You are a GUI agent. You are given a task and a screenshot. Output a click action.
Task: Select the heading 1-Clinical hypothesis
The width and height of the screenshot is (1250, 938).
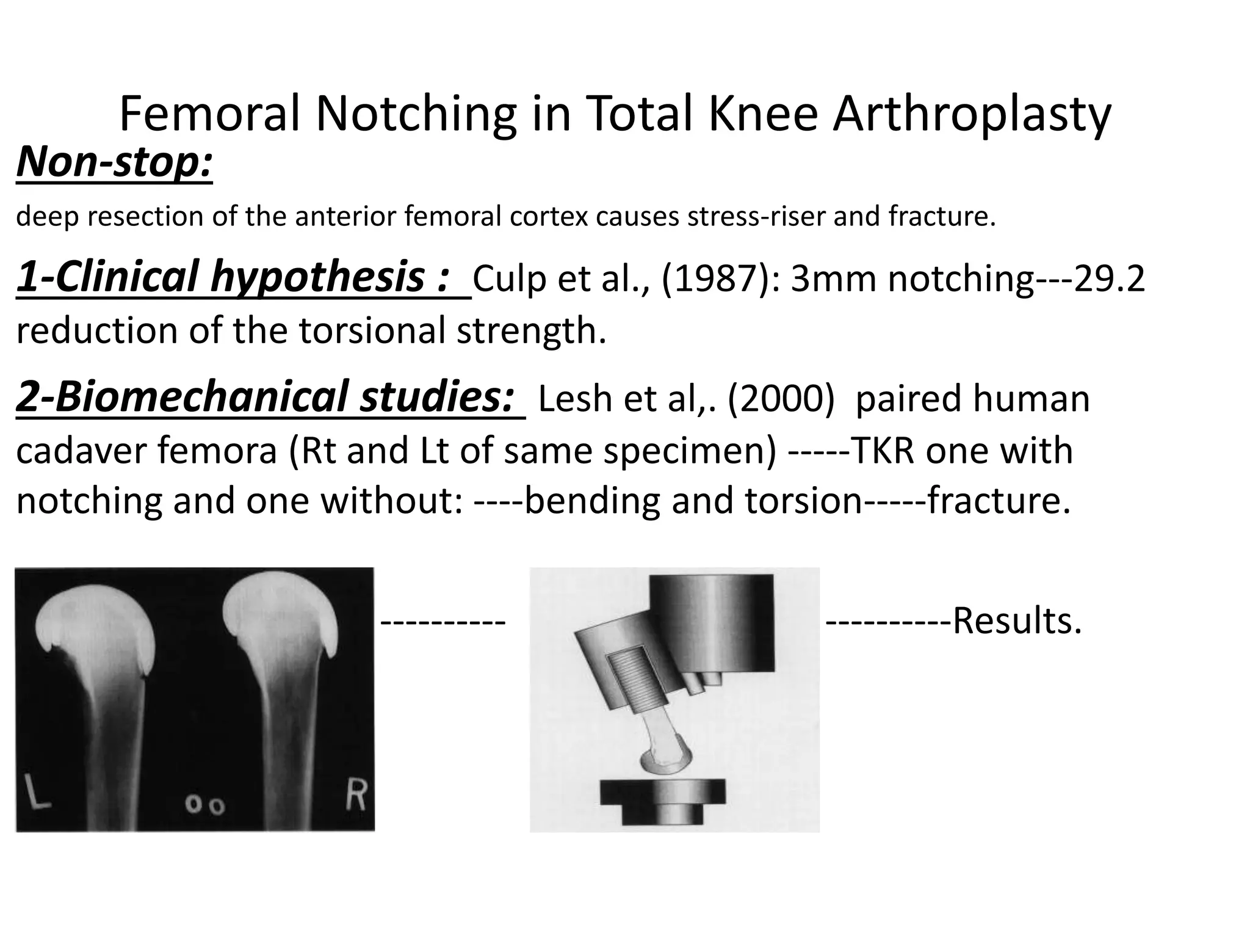click(234, 277)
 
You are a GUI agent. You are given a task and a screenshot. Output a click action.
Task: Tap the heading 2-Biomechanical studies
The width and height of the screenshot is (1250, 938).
click(265, 397)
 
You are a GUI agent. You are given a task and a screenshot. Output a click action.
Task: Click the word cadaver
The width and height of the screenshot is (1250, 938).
click(80, 451)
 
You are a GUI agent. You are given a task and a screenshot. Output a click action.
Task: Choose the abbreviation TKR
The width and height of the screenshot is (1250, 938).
click(882, 451)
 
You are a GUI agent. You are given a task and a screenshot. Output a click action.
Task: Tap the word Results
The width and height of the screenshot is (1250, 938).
click(1017, 621)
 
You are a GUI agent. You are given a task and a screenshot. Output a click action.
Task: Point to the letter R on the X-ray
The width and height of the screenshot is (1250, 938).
click(355, 794)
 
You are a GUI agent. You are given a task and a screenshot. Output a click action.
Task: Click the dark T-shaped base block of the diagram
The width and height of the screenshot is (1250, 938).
click(662, 802)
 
